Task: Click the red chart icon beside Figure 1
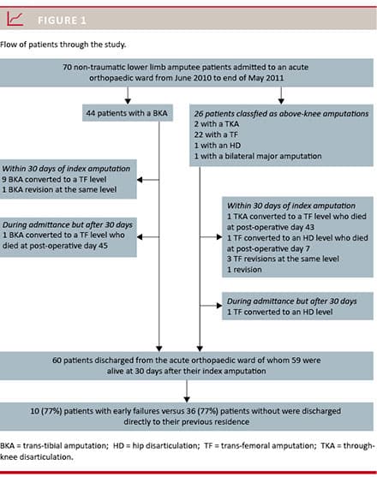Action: point(15,19)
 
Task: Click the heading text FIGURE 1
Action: point(62,21)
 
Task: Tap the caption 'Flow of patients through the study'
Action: point(63,45)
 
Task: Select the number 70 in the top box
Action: point(67,67)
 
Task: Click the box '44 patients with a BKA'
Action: point(128,113)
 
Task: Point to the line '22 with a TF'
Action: point(216,134)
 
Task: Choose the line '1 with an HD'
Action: point(218,146)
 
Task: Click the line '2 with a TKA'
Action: point(216,124)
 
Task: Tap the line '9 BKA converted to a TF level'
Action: point(54,179)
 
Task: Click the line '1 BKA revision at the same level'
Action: point(59,189)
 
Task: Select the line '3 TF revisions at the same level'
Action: point(283,259)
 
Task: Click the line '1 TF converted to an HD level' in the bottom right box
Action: point(279,312)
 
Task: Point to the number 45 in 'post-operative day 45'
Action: point(103,246)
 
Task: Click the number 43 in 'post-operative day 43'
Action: point(309,227)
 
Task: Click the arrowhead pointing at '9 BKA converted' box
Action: point(140,180)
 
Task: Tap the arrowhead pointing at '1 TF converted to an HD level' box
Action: point(219,306)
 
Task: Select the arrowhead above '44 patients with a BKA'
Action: point(128,101)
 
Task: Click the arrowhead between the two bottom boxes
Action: point(187,399)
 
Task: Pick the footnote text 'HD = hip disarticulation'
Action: point(156,446)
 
